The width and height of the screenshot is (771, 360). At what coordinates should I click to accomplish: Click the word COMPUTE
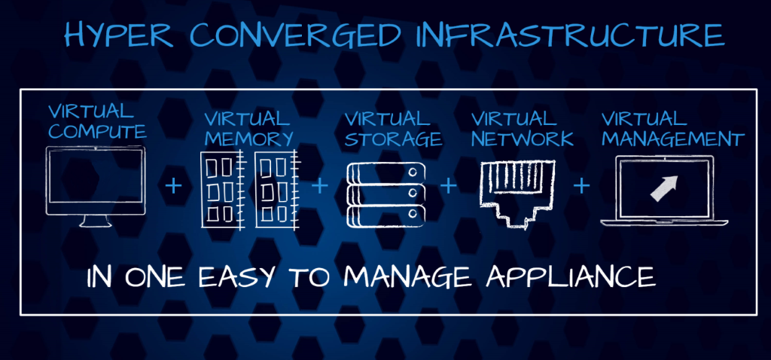tap(97, 131)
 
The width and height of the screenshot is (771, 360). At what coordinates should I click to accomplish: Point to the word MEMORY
tap(249, 139)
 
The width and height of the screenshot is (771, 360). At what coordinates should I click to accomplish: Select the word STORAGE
tap(393, 139)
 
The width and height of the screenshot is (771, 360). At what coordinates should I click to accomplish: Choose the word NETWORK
tap(523, 139)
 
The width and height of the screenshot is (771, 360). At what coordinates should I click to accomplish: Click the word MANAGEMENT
tap(672, 139)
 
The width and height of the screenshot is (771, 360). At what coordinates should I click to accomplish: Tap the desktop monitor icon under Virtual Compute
tap(96, 187)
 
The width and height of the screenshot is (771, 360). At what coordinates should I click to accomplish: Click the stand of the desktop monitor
tap(96, 221)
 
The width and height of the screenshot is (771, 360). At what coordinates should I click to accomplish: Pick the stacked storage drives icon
tap(386, 195)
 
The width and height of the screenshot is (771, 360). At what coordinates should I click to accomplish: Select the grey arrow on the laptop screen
tap(664, 188)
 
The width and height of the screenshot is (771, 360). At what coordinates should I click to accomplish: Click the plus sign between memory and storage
tap(319, 186)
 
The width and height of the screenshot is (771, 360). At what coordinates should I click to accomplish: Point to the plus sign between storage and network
tap(449, 186)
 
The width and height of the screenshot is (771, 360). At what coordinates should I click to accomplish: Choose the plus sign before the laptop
tap(582, 186)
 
